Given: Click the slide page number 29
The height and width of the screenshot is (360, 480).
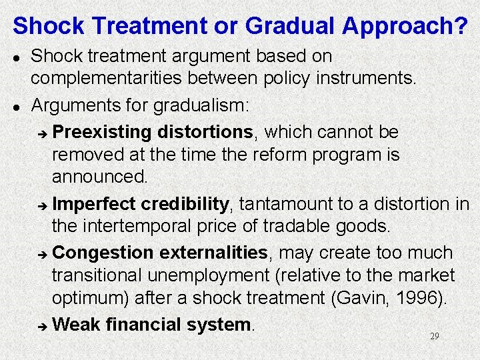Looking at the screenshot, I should tap(434, 337).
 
